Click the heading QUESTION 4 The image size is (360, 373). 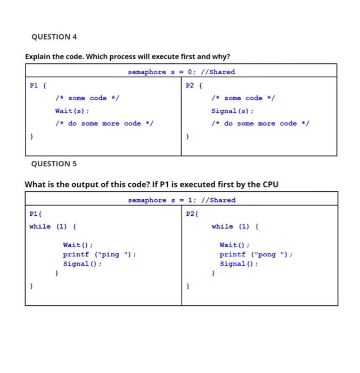54,37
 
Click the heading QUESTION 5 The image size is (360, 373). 54,164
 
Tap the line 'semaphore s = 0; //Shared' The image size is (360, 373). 181,72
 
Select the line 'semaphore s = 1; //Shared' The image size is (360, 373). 181,200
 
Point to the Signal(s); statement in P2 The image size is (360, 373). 232,111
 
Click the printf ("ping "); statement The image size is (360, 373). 100,254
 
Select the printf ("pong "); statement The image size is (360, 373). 256,254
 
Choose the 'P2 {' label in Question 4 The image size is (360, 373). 193,85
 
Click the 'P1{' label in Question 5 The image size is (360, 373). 36,214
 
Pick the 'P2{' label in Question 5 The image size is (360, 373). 192,214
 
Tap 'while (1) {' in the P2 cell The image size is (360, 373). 235,226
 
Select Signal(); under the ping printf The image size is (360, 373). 82,264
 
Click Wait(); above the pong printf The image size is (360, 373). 235,245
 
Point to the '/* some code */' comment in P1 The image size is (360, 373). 87,98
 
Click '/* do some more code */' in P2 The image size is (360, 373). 260,124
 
